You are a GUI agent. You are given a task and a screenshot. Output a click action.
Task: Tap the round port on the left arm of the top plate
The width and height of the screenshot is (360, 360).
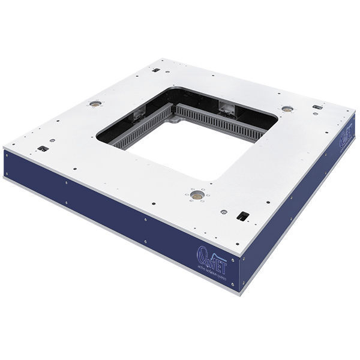click(x=94, y=103)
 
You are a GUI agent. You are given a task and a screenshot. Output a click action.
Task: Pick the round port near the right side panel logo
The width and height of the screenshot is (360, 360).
click(x=287, y=109)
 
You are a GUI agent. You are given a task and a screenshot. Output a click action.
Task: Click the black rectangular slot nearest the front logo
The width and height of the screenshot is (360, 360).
click(x=243, y=215)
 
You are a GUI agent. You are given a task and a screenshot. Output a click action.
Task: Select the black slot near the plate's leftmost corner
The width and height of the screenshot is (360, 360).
click(x=42, y=148)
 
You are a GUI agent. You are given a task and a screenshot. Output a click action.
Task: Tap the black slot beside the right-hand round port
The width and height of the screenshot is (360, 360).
click(x=317, y=107)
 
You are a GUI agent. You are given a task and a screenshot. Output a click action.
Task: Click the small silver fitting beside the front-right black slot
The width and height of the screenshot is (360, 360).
click(x=224, y=211)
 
